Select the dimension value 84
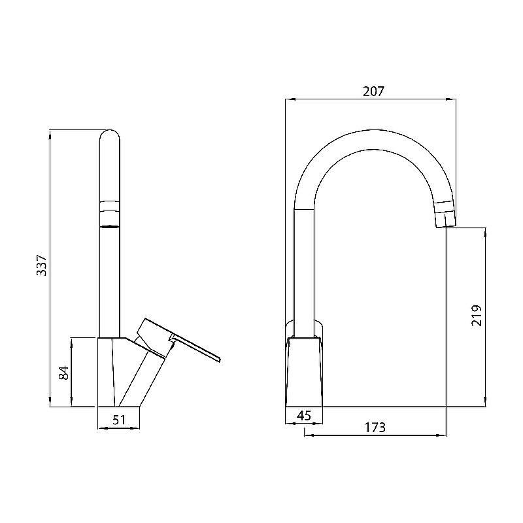(x=63, y=373)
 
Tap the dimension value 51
(x=118, y=420)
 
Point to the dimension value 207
(x=373, y=92)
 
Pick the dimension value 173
(x=374, y=428)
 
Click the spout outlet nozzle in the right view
(x=445, y=217)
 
